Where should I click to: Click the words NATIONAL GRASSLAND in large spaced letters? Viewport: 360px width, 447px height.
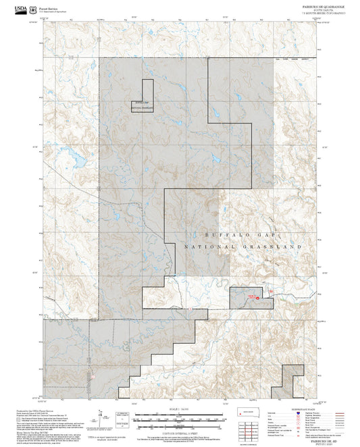(242, 248)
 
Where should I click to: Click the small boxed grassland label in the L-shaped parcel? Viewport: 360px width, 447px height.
(142, 105)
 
